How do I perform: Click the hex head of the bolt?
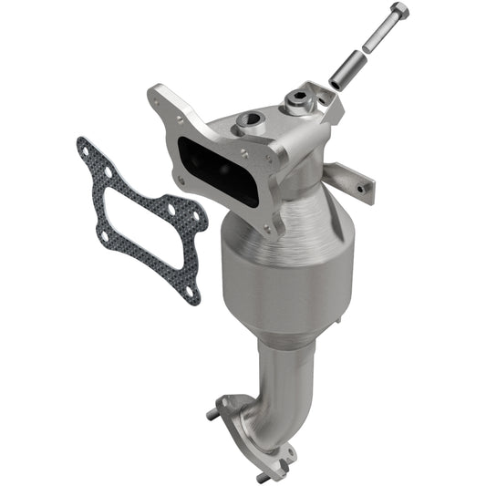coord(398,12)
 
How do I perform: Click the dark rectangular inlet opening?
coord(219,163)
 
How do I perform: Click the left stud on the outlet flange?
coord(212,416)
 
